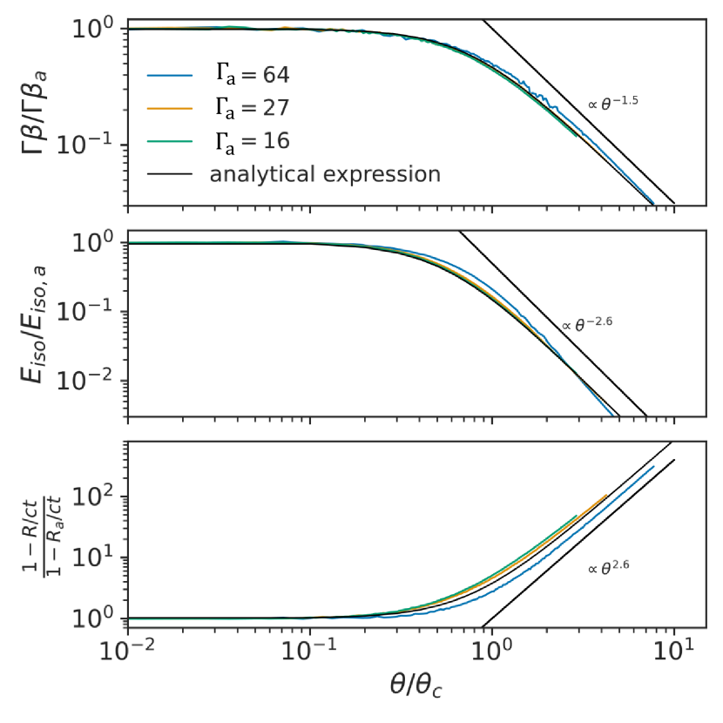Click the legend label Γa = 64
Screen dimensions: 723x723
[247, 75]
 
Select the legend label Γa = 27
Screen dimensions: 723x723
[247, 108]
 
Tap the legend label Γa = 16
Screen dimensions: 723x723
[247, 141]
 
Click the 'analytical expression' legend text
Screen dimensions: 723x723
[324, 174]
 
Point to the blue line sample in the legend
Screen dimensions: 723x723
[169, 75]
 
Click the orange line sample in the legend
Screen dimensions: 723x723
[169, 108]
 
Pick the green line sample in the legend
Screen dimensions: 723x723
[169, 141]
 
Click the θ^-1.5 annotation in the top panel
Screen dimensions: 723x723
[613, 103]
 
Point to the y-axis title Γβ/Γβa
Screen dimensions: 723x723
[34, 113]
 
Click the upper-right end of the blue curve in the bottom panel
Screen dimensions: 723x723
[653, 466]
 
